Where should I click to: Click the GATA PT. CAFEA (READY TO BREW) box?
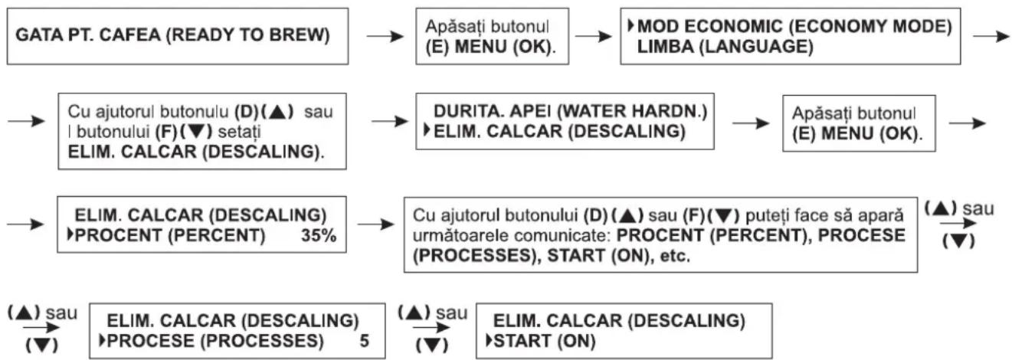click(178, 36)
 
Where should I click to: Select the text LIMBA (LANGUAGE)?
click(725, 47)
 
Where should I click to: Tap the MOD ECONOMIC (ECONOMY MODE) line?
click(794, 27)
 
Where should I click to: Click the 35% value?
click(319, 235)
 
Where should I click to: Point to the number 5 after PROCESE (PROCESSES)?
click(365, 341)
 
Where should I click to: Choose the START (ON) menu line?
click(545, 341)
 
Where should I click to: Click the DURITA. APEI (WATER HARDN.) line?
click(570, 111)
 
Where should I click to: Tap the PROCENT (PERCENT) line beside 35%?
click(170, 235)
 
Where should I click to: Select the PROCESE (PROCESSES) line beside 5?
click(215, 341)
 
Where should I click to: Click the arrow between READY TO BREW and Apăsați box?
click(385, 36)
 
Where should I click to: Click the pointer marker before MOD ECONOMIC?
click(631, 26)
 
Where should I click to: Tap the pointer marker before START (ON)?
click(489, 340)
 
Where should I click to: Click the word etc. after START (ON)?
click(675, 256)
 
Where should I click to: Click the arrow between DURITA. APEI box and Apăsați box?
click(751, 123)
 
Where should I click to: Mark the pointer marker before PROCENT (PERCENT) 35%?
click(70, 234)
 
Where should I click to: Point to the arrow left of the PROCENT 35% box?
click(26, 224)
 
